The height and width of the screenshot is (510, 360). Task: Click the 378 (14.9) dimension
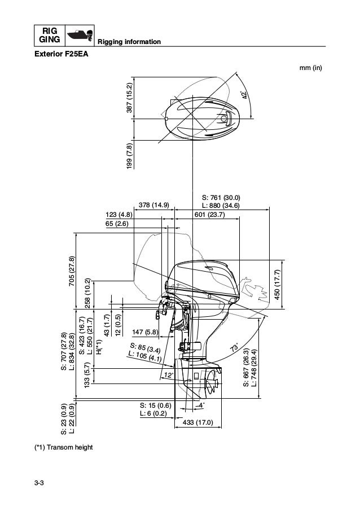[x=154, y=205]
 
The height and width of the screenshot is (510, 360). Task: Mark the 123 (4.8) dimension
[x=118, y=214]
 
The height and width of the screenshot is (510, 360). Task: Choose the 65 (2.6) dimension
[x=117, y=224]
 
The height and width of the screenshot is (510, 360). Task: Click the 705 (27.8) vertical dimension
[x=72, y=272]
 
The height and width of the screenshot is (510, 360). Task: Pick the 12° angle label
[x=168, y=375]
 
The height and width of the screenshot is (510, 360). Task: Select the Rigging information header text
[x=130, y=43]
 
